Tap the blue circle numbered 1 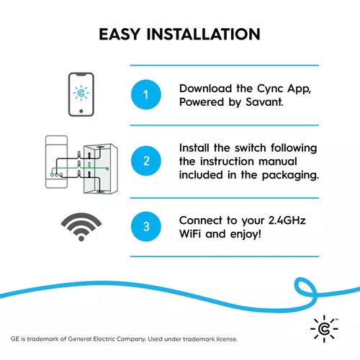tap(146, 95)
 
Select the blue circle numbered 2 tap(146, 161)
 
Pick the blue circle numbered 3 tap(146, 227)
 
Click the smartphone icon tap(81, 94)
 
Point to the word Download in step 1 tap(204, 88)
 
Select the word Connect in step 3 tap(202, 220)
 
